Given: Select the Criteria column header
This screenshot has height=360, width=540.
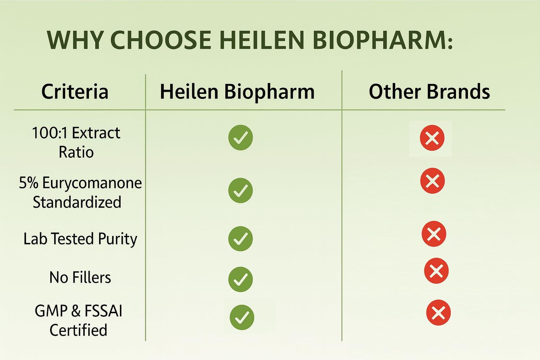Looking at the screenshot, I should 75,92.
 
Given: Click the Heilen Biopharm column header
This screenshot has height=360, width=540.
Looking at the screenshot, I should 237,92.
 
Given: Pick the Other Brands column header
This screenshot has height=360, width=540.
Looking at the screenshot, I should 429,92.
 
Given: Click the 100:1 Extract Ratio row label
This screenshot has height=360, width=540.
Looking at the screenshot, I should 76,142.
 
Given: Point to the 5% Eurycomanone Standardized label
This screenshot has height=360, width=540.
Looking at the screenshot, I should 80,192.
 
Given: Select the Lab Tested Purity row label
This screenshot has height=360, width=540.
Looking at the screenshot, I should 80,239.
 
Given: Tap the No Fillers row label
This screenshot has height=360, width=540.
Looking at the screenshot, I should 80,277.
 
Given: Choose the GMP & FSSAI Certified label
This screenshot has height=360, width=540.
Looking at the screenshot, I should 78,320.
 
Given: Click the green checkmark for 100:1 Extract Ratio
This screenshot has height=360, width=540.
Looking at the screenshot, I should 240,137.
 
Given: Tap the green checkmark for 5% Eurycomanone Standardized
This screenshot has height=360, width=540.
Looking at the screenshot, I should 240,191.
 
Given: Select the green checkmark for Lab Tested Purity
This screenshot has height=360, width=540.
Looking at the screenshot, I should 240,239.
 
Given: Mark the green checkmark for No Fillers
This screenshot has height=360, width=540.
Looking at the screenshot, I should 240,279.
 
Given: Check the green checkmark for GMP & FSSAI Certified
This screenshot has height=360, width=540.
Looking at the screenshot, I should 242,317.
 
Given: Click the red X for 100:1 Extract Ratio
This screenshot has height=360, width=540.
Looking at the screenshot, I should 432,138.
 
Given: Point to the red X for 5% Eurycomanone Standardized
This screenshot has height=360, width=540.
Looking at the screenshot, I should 432,181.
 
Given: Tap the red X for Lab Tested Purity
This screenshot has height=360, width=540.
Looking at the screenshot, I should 434,234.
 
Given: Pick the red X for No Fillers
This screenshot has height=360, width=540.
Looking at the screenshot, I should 436,271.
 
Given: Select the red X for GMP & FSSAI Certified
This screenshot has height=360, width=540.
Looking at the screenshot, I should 438,313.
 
